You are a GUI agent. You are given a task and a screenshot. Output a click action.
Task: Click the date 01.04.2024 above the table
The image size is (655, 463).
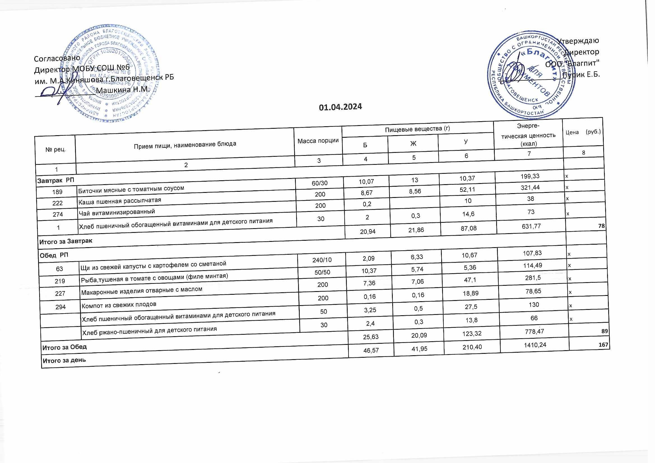pos(340,107)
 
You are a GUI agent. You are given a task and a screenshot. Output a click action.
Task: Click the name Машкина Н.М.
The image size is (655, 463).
pos(123,90)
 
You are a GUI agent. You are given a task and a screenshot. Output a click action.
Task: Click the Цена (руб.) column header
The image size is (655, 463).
pos(583,132)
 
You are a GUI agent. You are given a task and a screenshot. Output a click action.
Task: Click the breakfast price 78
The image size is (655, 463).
pos(601,226)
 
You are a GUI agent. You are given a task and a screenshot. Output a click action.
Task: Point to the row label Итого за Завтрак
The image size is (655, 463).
pos(66,242)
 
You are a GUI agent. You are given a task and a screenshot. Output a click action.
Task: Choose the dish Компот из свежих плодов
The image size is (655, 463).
pos(119,305)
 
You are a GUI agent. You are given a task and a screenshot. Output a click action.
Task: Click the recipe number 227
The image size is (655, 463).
pos(60,293)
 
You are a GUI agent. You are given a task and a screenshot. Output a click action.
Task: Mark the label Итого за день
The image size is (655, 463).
pos(64,360)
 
